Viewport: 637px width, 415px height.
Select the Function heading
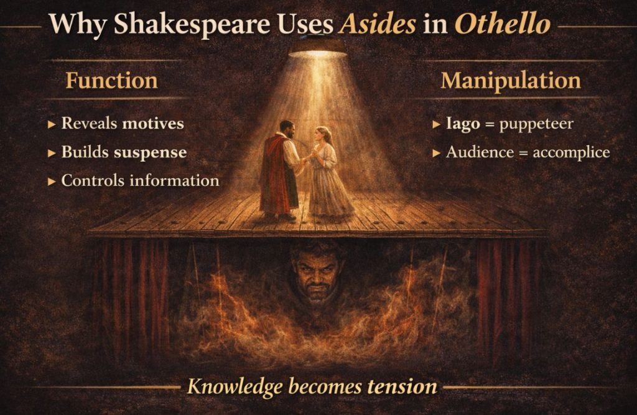click(111, 81)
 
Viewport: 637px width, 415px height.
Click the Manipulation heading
click(511, 81)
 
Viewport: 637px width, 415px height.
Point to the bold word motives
click(153, 123)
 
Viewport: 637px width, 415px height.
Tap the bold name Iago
click(463, 124)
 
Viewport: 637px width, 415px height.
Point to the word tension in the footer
click(402, 386)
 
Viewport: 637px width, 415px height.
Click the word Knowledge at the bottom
click(232, 386)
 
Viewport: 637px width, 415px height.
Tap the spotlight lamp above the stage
click(317, 48)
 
